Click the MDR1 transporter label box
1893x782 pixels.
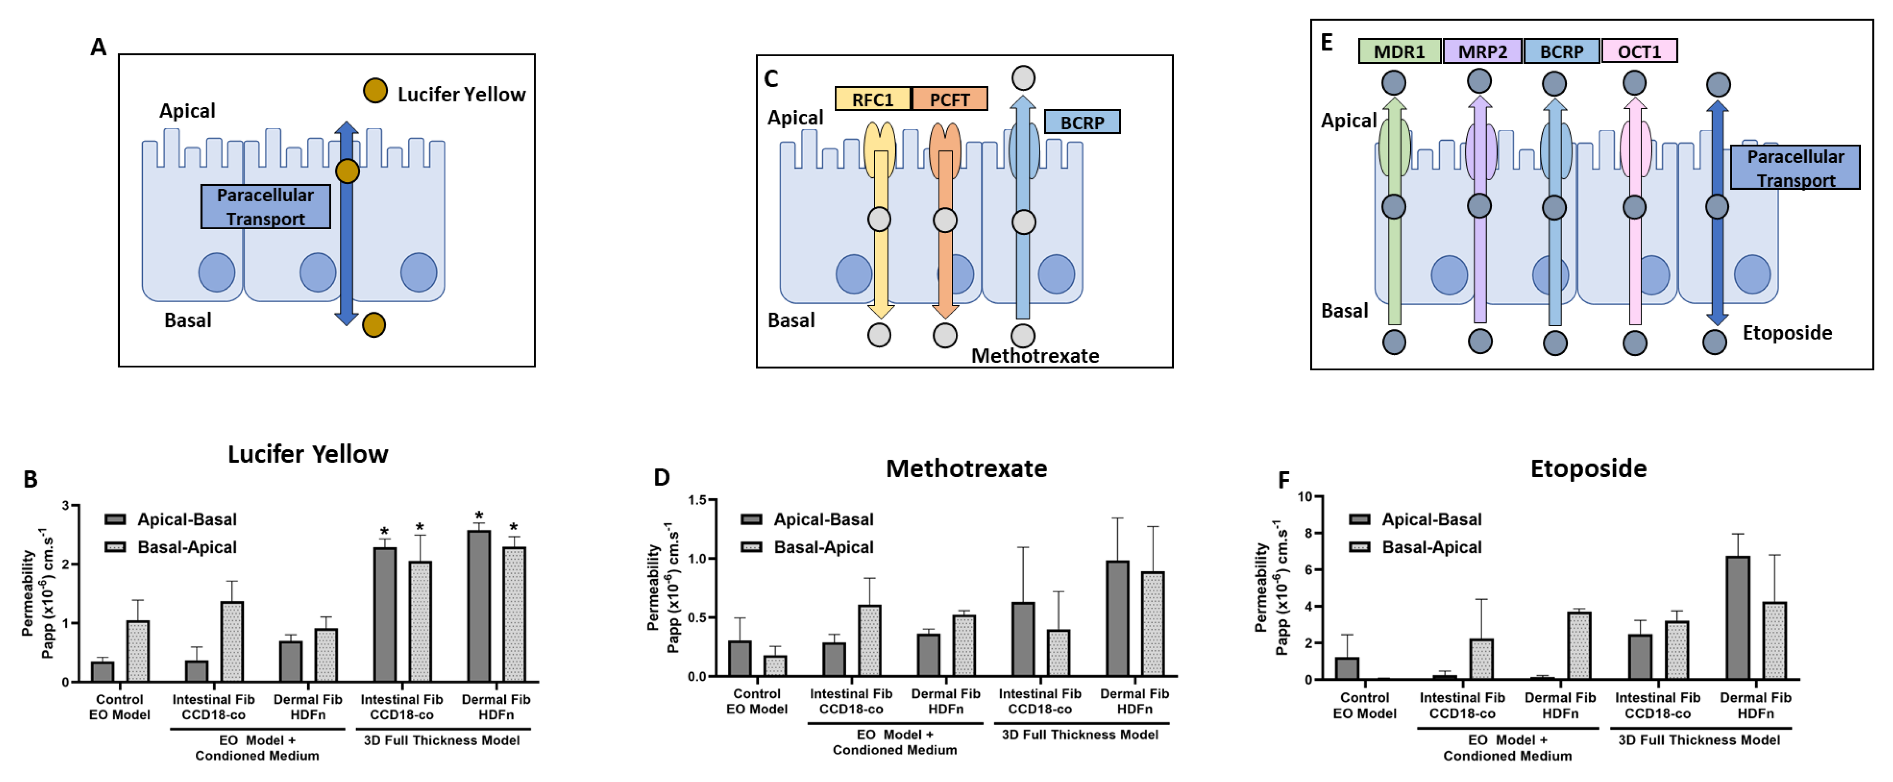point(1399,52)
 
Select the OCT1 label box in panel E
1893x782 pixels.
point(1639,52)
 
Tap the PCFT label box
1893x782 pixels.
point(949,99)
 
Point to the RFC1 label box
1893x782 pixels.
point(872,99)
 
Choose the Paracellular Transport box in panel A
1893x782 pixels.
point(265,206)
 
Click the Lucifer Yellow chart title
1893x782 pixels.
point(308,454)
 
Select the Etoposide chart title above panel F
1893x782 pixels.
point(1588,468)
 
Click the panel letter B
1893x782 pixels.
point(30,479)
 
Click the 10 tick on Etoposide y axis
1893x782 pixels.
point(1304,497)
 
